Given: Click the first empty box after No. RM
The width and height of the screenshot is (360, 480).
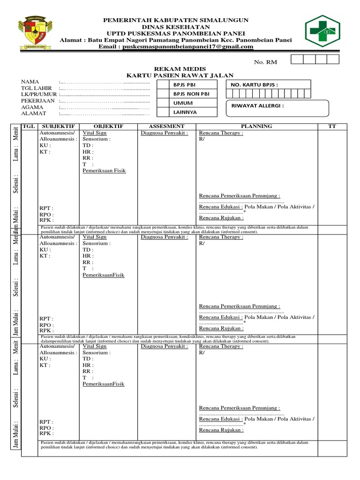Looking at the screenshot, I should (x=297, y=59).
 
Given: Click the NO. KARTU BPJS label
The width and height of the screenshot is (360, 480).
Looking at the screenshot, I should (x=254, y=85).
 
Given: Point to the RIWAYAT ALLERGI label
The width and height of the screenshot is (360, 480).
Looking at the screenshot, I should (x=257, y=105).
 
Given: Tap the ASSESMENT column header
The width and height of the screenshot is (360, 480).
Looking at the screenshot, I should (x=166, y=127).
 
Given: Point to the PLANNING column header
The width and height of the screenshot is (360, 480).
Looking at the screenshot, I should (x=256, y=127).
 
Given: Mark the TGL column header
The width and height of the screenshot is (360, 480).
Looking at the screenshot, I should (x=29, y=127).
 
